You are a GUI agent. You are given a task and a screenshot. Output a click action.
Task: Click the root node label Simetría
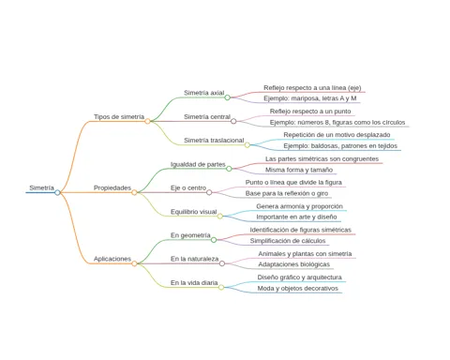(41, 187)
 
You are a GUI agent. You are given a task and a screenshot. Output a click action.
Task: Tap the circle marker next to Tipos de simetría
(147, 121)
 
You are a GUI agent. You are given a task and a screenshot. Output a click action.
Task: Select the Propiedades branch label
(112, 187)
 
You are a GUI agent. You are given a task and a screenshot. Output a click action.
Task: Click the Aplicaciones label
(112, 259)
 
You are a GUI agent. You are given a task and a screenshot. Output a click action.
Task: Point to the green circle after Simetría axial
(228, 97)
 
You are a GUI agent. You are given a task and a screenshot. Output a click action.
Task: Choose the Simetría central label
(207, 116)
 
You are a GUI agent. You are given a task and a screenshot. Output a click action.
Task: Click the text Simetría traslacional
(214, 141)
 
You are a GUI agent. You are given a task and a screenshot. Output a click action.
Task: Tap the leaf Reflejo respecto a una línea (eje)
(312, 88)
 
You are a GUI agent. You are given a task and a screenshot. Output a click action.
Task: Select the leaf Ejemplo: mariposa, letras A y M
(310, 98)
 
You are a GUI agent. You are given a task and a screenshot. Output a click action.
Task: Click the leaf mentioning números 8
(337, 122)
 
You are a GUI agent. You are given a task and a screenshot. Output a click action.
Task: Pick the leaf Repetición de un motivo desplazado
(337, 135)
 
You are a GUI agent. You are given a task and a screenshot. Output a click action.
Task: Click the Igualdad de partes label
(198, 164)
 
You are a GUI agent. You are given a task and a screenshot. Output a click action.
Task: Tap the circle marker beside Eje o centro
(209, 192)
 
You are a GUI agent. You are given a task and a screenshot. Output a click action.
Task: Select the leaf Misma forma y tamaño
(299, 170)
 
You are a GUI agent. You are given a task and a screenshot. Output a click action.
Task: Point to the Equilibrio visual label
(193, 212)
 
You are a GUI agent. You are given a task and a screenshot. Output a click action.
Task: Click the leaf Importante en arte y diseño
(296, 217)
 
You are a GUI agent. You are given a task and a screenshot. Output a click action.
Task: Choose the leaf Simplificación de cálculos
(288, 241)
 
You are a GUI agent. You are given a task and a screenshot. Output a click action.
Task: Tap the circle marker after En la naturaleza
(222, 263)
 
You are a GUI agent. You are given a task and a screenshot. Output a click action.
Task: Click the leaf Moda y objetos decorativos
(298, 288)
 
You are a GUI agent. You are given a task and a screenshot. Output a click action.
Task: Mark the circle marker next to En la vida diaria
(221, 287)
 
